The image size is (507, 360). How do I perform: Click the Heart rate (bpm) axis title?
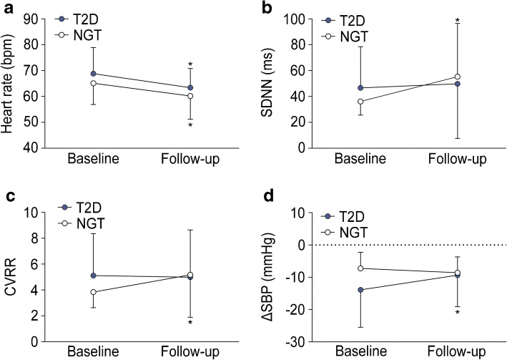coord(11,84)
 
